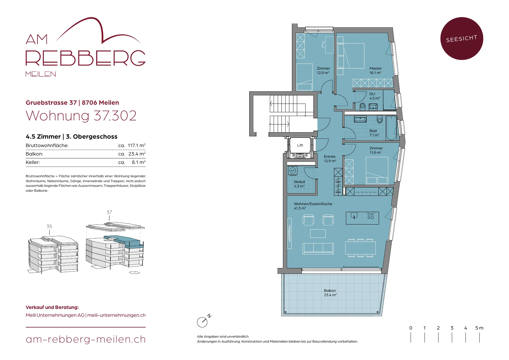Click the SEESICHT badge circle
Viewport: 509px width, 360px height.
pos(462,39)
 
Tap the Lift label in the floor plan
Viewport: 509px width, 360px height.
pos(300,145)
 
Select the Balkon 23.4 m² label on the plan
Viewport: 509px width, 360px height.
pos(330,293)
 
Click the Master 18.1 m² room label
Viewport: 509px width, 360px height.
pos(376,70)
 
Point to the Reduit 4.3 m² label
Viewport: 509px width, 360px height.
pos(299,184)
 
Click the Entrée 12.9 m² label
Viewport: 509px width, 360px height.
pos(330,159)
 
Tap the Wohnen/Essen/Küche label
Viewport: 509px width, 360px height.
pos(313,204)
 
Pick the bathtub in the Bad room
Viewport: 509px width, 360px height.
pos(391,128)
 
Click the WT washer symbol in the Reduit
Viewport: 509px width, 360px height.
pos(293,171)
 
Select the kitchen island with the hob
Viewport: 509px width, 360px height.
pos(362,218)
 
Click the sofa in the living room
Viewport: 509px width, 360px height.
pos(318,249)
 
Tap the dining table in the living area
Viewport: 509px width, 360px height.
pos(360,248)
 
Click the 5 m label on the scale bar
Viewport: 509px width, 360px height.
pos(479,328)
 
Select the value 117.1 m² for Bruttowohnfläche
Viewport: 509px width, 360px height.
pos(137,145)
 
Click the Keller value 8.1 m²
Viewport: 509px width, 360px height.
pos(139,162)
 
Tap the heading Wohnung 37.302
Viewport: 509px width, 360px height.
pos(81,116)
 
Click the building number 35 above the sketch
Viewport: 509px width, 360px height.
pos(49,226)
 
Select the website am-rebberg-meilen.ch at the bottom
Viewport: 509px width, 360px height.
pos(86,339)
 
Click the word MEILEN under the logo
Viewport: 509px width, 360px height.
pos(41,74)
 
